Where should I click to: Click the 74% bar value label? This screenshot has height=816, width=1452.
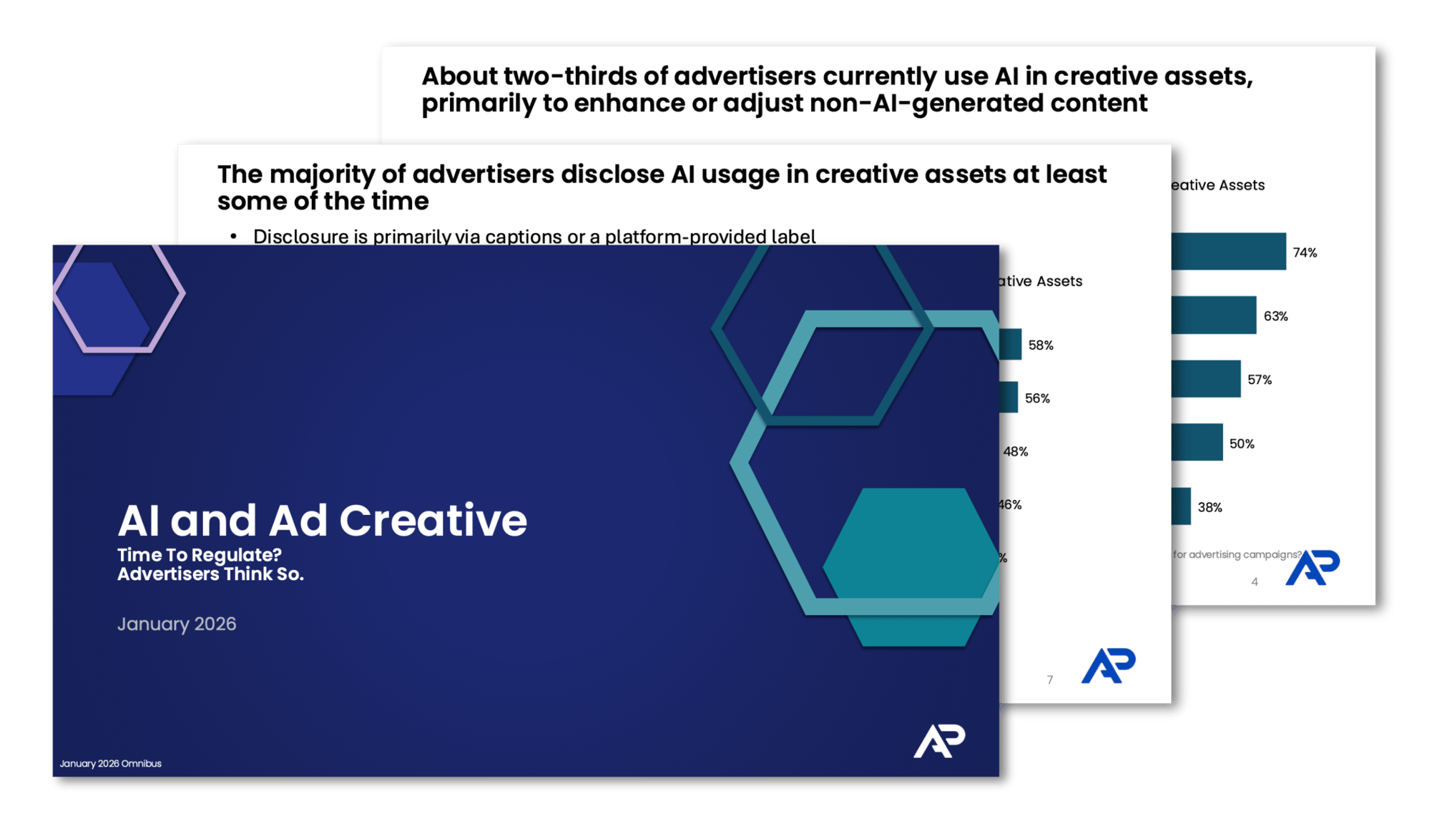point(1305,252)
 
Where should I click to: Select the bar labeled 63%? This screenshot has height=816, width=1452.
point(1213,315)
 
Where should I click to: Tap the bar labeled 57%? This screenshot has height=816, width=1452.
point(1205,379)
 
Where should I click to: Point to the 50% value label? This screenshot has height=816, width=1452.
point(1242,443)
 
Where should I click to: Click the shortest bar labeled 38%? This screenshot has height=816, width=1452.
point(1181,506)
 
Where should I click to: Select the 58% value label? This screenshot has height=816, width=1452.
point(1041,345)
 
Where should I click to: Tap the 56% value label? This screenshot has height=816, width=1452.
point(1037,398)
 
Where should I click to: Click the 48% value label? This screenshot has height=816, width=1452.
point(1016,451)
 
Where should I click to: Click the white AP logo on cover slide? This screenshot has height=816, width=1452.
point(938,741)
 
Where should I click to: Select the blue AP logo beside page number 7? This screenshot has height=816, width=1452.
point(1108,667)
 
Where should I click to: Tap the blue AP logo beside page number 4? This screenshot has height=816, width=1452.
point(1313,568)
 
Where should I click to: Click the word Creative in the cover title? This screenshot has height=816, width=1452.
point(433,520)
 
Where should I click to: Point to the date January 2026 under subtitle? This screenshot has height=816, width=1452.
point(177,624)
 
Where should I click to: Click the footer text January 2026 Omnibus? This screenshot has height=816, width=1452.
point(110,764)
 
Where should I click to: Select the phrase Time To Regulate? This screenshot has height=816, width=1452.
point(200,555)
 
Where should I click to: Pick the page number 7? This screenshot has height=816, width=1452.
point(1049,680)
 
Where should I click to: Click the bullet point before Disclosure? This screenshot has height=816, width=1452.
point(233,236)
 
